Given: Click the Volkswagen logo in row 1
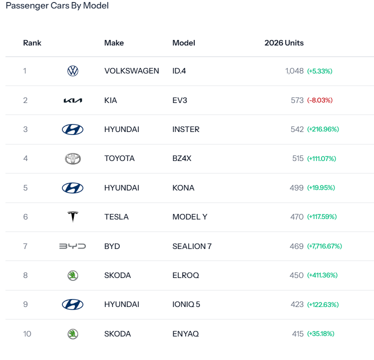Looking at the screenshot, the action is point(73,71).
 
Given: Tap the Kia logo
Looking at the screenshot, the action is point(73,100).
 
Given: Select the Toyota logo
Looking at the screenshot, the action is point(73,158).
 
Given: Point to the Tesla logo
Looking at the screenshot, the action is point(73,216).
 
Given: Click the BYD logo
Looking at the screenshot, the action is point(72,246).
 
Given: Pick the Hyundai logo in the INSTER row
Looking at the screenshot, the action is point(72,129).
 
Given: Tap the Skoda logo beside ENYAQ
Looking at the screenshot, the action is point(73,333).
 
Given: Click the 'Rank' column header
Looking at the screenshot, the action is point(32,43).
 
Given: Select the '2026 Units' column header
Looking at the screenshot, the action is point(284,43).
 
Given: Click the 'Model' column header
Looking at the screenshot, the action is point(184,43).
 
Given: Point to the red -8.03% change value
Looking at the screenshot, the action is point(320,100).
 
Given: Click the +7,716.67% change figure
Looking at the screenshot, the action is point(325,246).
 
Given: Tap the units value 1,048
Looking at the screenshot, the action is point(294,71).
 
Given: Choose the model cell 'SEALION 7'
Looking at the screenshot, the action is point(192,246).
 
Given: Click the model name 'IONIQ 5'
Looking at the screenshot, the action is point(186,304).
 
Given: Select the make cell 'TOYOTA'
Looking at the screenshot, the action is point(119,158).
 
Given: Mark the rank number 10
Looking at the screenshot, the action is point(27,333).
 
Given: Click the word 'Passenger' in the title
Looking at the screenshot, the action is point(27,5).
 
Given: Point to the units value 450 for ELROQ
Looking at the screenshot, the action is point(297,275).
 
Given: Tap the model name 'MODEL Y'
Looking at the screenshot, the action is point(190,217).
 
